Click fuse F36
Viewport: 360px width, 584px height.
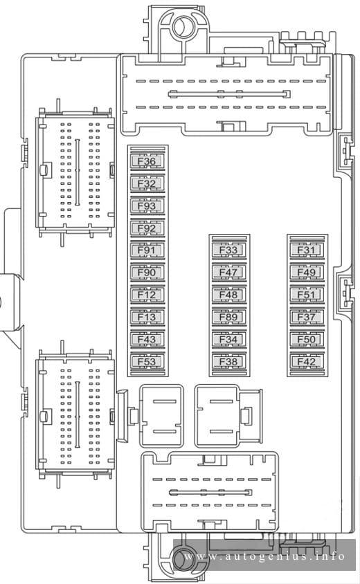[147, 161]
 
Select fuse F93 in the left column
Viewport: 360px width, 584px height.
[147, 206]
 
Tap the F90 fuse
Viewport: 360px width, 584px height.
[147, 272]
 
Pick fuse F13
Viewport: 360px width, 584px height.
[147, 317]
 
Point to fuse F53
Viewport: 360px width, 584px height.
[147, 362]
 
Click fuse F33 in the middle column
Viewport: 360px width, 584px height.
[229, 250]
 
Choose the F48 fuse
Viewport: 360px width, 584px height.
[229, 295]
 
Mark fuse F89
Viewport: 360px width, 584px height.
[229, 317]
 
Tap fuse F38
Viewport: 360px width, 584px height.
[229, 362]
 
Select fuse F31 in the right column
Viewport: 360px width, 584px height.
[307, 250]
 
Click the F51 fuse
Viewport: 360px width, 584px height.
[307, 295]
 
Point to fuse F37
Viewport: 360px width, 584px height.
[307, 317]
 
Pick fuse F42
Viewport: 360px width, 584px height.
[307, 362]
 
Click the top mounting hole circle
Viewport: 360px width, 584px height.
[183, 27]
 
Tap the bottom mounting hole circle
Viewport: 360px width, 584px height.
[184, 558]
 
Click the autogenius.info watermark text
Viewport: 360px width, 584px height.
[264, 556]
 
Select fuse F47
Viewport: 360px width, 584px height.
[229, 272]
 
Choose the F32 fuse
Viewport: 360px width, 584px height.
[147, 183]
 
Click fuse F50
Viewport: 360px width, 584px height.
[307, 339]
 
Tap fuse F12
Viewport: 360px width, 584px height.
[147, 295]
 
